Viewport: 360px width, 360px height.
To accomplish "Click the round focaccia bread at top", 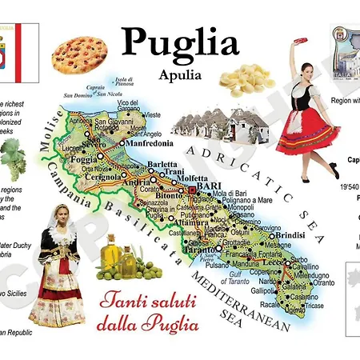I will point(80,51).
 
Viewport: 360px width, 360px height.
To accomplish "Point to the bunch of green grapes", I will point(12,156).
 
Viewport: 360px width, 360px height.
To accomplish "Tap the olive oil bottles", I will point(120,256).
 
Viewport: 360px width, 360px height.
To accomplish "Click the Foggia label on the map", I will point(85,158).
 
